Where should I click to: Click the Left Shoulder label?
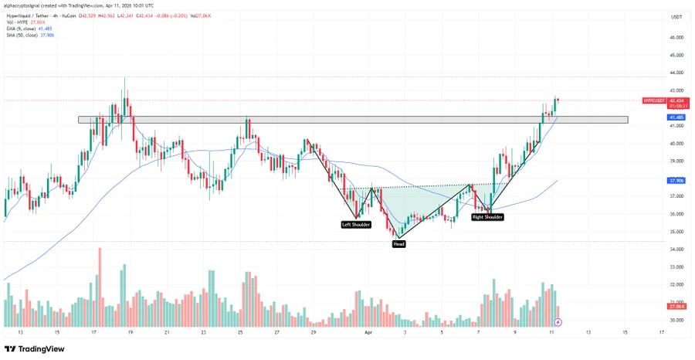[x=356, y=225]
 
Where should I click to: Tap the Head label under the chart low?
[x=398, y=243]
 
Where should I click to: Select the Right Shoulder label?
[x=488, y=218]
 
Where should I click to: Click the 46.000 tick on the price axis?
[x=676, y=37]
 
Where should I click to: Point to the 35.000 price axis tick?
[x=676, y=232]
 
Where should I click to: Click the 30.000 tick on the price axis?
[x=676, y=320]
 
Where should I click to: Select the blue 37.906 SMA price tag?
[x=676, y=181]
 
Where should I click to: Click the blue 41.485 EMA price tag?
[x=676, y=117]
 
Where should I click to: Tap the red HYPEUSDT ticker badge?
[x=655, y=100]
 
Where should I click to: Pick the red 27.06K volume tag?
[x=676, y=307]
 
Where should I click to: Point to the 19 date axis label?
[x=130, y=332]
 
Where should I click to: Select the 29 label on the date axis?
[x=313, y=332]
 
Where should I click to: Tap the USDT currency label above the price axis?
[x=677, y=17]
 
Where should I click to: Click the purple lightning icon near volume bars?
[x=558, y=321]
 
